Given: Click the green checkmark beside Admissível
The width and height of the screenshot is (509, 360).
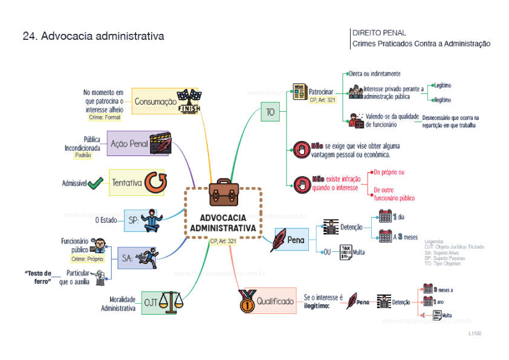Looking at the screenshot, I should [x=95, y=183].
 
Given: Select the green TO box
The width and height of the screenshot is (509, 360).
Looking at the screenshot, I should [x=270, y=111].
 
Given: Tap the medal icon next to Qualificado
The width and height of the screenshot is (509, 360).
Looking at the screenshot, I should [x=246, y=300].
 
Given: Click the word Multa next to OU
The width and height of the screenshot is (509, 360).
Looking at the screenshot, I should [x=359, y=251].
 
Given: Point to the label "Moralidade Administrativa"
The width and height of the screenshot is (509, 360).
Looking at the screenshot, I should [x=118, y=304].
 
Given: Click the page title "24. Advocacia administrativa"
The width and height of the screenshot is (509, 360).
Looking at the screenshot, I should [x=93, y=36].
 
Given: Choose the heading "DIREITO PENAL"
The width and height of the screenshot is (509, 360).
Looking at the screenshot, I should [x=379, y=33].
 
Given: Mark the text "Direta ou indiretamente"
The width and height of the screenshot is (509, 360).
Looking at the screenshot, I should [x=374, y=74].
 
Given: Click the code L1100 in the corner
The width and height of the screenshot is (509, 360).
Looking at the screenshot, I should [x=475, y=333].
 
